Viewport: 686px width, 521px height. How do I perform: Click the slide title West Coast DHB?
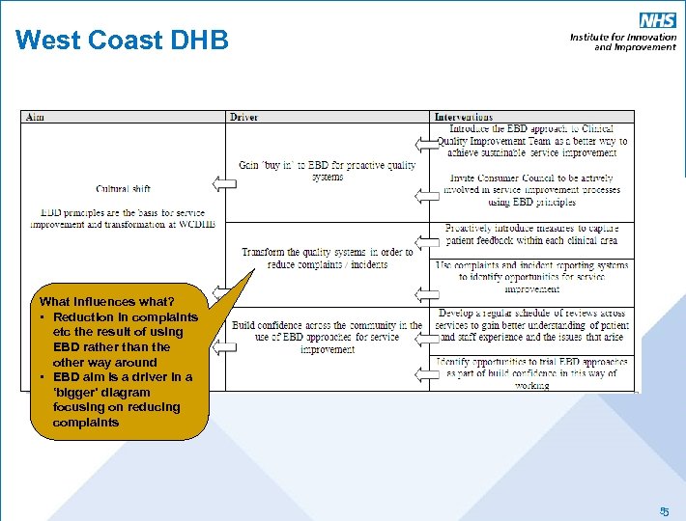122,41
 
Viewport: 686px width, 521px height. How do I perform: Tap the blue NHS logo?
657,20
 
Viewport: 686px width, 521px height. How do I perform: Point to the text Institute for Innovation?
622,37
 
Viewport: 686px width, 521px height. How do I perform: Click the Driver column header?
243,118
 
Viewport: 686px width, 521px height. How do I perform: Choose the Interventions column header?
463,118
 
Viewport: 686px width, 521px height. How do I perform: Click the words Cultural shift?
123,189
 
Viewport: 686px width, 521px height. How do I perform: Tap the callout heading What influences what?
107,301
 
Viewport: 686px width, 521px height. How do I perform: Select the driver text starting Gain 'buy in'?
328,171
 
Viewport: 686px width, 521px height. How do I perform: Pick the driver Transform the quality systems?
328,259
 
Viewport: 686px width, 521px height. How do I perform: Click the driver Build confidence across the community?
328,337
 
